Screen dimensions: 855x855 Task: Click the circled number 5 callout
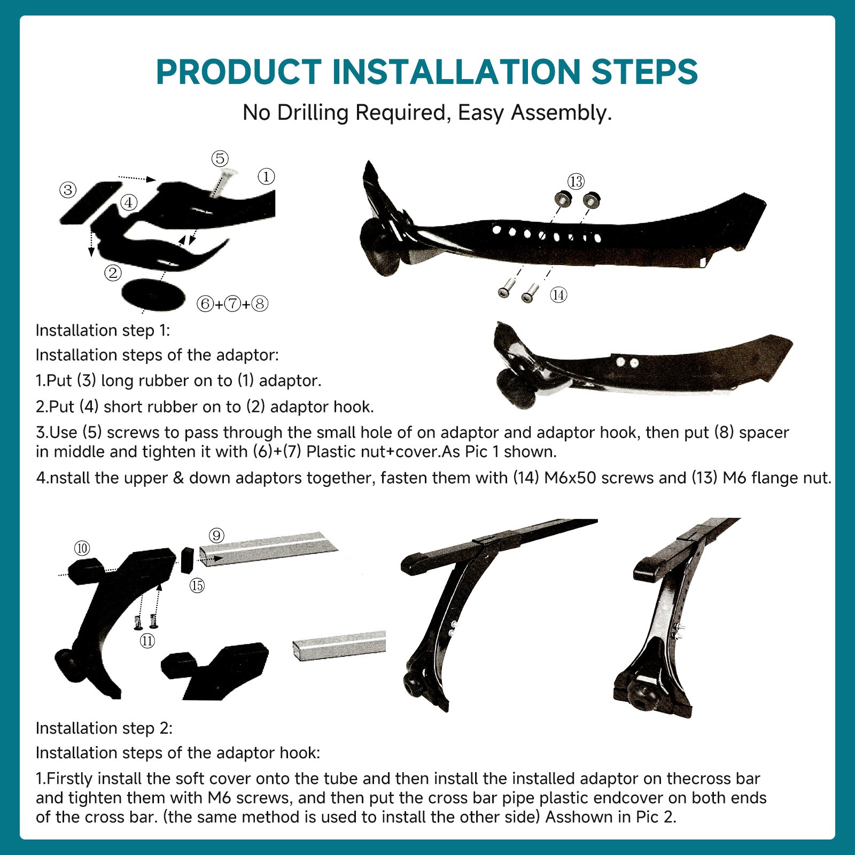tap(220, 158)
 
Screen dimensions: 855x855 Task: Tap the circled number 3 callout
tap(68, 190)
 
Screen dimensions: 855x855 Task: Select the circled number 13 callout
tap(576, 182)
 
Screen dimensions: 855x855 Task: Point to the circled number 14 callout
tap(558, 294)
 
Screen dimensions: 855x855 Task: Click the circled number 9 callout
tap(216, 535)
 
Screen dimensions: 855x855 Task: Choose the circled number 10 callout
tap(82, 548)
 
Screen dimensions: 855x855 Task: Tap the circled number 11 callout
tap(147, 641)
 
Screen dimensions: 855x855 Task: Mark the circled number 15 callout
tap(197, 586)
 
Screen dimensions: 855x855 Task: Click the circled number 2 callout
tap(113, 273)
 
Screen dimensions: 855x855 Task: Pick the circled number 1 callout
tap(266, 176)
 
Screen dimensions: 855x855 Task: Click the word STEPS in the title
tap(644, 72)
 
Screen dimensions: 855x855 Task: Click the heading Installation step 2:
tap(104, 728)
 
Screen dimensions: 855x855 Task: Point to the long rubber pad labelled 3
tap(91, 203)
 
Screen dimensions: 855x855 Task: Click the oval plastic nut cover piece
tap(153, 294)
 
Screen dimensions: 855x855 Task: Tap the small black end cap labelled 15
tap(186, 560)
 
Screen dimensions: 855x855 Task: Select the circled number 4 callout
tap(129, 203)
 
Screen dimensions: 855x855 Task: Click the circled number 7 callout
tap(232, 304)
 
